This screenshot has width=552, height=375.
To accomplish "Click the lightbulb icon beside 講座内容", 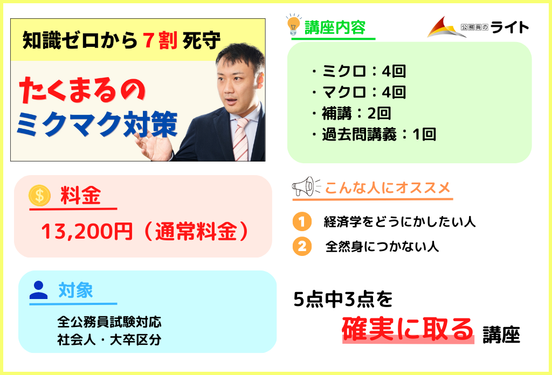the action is (x=294, y=25).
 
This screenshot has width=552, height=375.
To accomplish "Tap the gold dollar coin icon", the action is (x=39, y=195).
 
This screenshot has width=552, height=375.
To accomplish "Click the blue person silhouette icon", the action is (x=38, y=290).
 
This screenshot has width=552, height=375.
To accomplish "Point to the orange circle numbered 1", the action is (x=302, y=221).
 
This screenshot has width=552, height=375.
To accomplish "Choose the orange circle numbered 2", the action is (x=302, y=246).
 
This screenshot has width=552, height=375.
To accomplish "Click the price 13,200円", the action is (x=87, y=232).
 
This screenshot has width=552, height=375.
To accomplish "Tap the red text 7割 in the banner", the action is (x=160, y=40).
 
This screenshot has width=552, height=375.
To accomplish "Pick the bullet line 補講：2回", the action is (x=351, y=113).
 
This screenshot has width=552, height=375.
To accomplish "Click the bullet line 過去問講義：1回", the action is (x=374, y=134).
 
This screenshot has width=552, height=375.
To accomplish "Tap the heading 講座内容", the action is (x=335, y=28).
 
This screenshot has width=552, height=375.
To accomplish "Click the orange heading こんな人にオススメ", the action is (x=387, y=188).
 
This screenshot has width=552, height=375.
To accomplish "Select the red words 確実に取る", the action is (x=408, y=329).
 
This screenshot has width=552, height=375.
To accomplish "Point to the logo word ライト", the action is (x=510, y=27).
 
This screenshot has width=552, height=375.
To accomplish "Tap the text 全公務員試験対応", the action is (x=109, y=322).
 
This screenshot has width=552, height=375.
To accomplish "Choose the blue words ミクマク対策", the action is (x=97, y=124).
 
